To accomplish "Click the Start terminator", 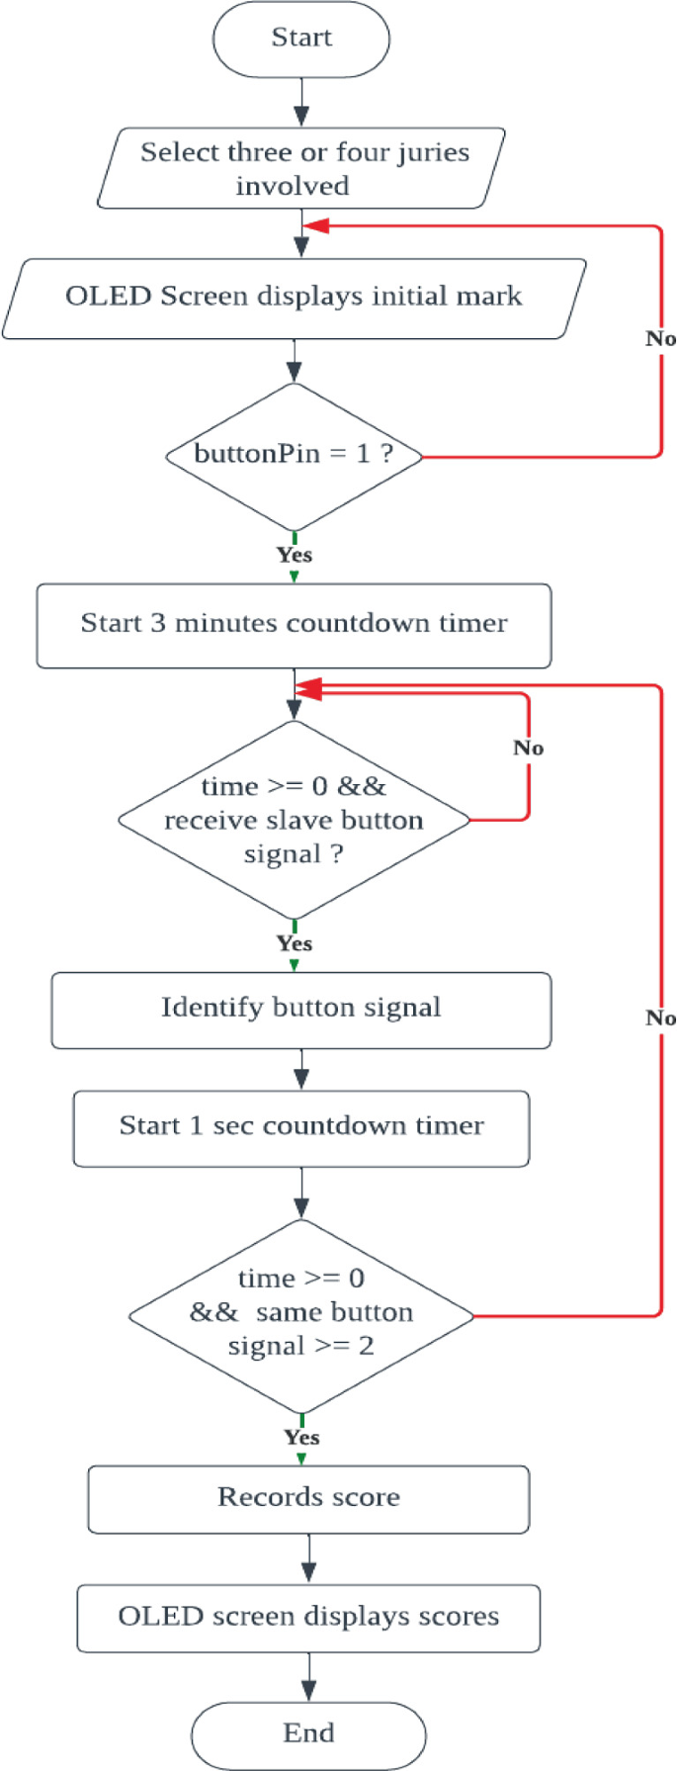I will pos(301,39).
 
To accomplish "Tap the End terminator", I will pos(308,1733).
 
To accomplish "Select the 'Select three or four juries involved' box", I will pos(301,168).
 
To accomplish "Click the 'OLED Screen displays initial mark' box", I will pos(294,297).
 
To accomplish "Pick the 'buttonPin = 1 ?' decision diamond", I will pos(294,455).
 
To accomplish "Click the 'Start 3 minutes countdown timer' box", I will pos(294,624).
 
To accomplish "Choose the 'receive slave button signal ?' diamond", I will pos(294,820).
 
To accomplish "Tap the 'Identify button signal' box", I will pos(300,1009).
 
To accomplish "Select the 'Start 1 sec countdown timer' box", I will pos(300,1127).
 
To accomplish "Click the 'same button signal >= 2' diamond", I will pos(300,1314).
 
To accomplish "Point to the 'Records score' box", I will pos(308,1498).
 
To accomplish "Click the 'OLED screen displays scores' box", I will pos(308,1617).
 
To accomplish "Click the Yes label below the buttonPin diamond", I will pos(295,555).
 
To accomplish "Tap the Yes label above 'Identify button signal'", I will pos(295,943).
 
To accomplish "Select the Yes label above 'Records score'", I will pos(301,1437).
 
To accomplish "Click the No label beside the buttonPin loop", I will pos(660,339).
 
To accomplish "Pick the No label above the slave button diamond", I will pos(529,749).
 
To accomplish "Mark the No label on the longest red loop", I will pos(660,1018).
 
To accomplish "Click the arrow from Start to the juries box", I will pos(301,102).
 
